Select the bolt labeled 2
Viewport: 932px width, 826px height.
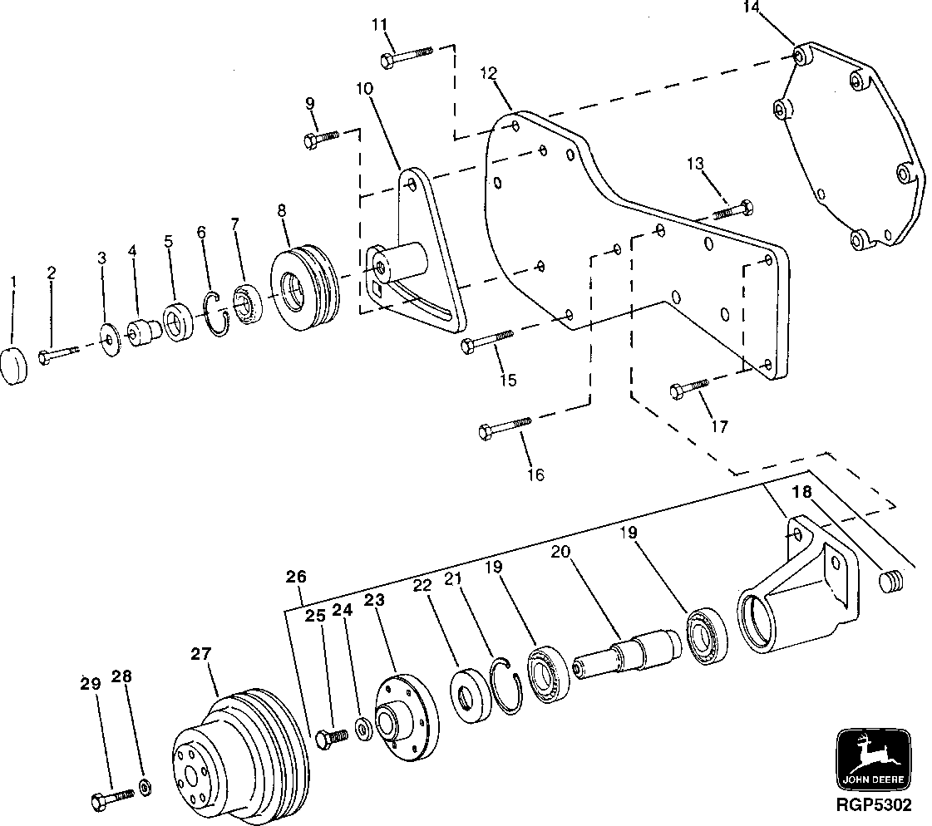(57, 353)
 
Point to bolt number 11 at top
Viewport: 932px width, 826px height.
(407, 57)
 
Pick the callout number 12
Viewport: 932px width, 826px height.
(488, 74)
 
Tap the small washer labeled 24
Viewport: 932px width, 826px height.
(363, 729)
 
